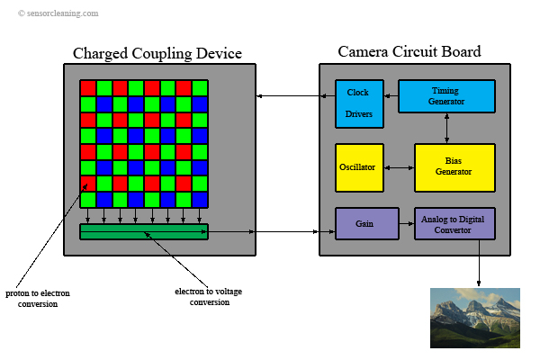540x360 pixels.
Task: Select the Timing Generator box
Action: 446,96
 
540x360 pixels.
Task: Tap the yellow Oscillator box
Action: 359,167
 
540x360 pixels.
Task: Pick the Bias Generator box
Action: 454,167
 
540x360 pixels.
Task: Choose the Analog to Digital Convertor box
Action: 454,223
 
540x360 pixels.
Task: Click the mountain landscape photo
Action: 474,317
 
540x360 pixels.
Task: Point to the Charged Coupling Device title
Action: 158,53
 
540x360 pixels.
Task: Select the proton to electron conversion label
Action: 37,299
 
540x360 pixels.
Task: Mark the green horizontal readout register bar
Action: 144,232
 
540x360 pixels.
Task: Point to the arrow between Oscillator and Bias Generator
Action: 399,167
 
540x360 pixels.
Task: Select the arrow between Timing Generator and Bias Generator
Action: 447,128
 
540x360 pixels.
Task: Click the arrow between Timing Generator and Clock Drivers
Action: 391,96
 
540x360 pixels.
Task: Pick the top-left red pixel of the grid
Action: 87,87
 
